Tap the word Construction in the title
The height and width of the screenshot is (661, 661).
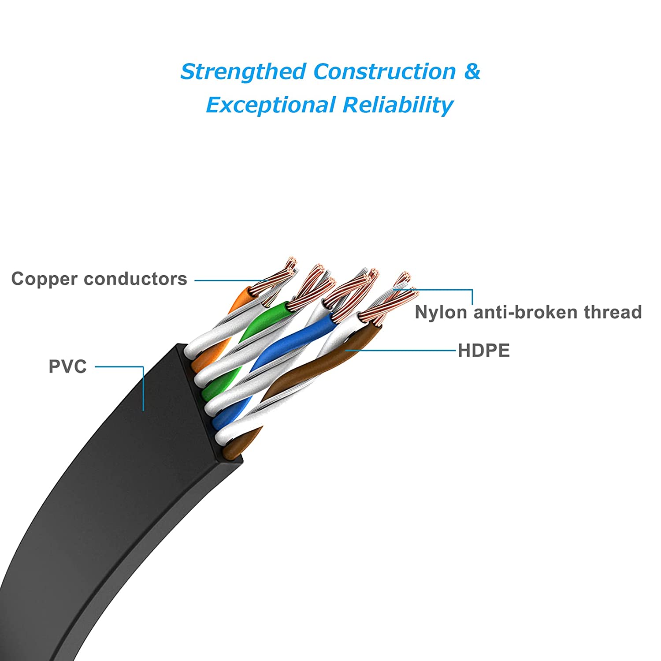pyautogui.click(x=384, y=71)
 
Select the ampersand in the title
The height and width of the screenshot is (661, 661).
pyautogui.click(x=472, y=71)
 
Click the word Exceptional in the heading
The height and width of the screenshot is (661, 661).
pyautogui.click(x=271, y=105)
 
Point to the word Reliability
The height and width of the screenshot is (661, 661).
pyautogui.click(x=397, y=105)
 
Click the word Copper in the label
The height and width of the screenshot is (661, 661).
pyautogui.click(x=45, y=279)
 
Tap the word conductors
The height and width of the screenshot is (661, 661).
pyautogui.click(x=135, y=279)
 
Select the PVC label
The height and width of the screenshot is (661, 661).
pyautogui.click(x=67, y=366)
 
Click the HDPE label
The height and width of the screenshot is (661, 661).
pyautogui.click(x=483, y=351)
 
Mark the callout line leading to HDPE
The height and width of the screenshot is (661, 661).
pyautogui.click(x=401, y=351)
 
